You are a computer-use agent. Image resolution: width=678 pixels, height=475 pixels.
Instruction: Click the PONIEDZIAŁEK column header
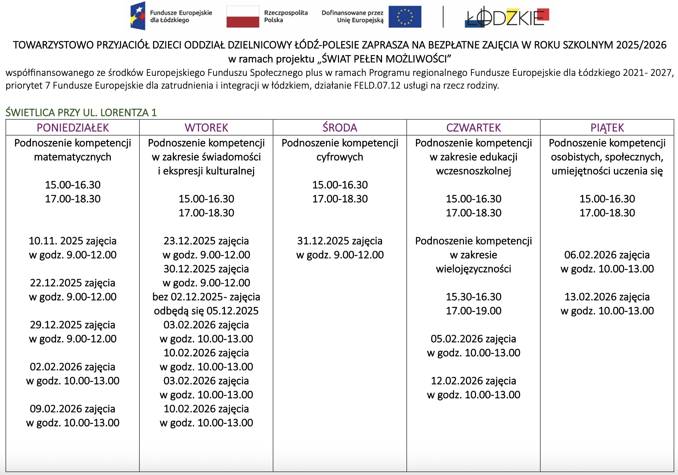73,128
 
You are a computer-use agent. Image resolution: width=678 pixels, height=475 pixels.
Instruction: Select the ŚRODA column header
340,128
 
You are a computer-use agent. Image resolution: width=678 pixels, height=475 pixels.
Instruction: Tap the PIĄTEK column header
607,128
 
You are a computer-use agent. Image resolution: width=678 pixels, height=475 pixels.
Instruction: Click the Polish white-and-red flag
242,17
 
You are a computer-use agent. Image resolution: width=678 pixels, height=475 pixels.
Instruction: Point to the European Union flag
405,17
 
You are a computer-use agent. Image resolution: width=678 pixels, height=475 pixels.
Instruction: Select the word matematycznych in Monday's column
73,157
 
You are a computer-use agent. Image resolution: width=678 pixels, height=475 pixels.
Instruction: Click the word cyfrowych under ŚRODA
340,157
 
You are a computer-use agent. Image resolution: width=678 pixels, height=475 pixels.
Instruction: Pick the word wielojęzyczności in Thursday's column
474,269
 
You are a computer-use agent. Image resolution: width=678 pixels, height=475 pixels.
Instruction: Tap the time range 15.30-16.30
474,297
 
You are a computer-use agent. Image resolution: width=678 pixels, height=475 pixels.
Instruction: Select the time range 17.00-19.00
474,311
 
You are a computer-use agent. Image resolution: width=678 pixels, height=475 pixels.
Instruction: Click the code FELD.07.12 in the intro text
377,85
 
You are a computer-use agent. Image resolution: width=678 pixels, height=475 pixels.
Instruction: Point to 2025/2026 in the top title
641,45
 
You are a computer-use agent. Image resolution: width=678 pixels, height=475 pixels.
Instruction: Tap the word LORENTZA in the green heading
124,112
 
